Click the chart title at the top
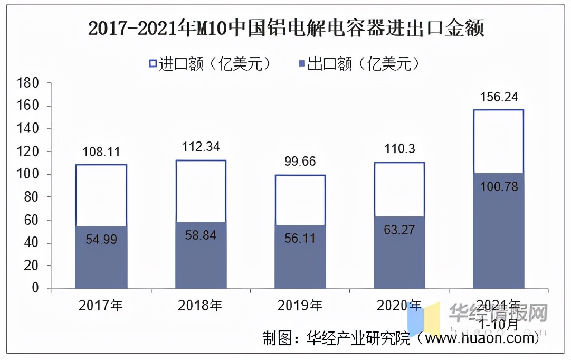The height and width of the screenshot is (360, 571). coord(285,28)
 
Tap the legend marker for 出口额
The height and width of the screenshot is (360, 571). coord(302,64)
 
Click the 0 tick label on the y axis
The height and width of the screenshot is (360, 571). coord(35,288)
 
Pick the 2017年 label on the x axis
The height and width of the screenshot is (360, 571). coord(101,305)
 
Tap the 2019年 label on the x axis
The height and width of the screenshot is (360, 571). coord(300,305)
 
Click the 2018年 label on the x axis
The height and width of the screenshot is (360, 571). coord(201,305)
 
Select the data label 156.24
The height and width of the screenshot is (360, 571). coord(498,97)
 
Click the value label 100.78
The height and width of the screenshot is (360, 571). coord(498,187)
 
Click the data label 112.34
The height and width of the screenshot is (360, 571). coord(200,147)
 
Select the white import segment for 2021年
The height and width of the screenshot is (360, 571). coord(498,141)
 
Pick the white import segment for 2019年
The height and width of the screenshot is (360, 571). coord(300,200)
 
